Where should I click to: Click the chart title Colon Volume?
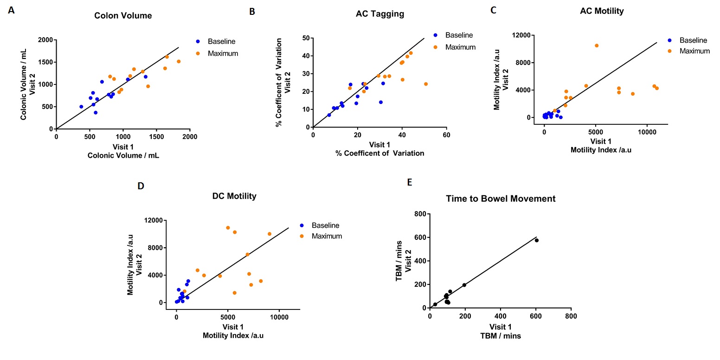coord(123,16)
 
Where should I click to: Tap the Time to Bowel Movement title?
coord(501,199)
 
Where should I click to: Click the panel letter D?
coord(141,186)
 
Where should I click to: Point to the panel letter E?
coord(409,182)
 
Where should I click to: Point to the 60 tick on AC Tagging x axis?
coord(446,135)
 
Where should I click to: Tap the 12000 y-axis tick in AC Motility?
coord(525,35)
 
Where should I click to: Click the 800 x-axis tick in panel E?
coord(571,316)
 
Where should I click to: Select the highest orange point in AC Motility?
coord(597,45)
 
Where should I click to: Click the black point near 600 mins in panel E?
coord(537,240)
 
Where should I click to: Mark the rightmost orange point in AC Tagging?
coord(426,84)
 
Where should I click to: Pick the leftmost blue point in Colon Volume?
coord(81,107)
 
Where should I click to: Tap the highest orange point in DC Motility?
coord(228,228)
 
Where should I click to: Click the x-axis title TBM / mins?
coord(500,336)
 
